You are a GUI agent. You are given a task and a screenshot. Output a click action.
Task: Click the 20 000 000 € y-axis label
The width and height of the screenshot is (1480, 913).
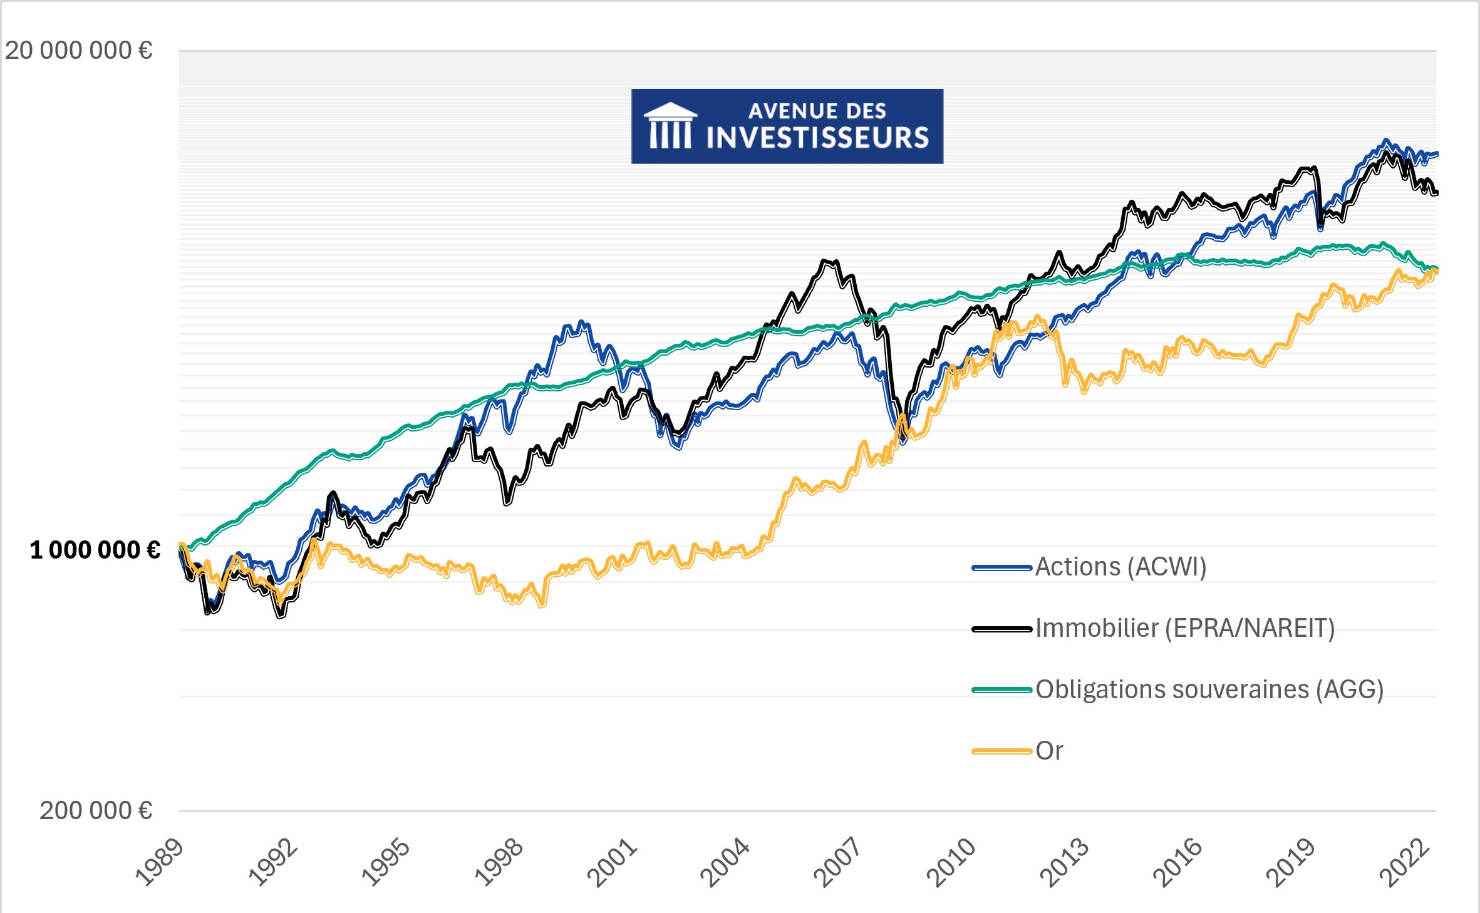tap(79, 51)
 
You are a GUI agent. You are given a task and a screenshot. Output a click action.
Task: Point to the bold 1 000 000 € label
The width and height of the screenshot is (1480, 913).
tap(95, 550)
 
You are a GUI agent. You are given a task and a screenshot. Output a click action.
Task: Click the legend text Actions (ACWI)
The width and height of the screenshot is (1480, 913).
tap(1120, 567)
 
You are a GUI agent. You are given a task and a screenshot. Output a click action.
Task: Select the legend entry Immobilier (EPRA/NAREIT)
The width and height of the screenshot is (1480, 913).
tap(1184, 628)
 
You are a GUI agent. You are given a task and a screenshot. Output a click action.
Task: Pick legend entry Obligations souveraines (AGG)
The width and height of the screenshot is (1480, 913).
tap(1209, 689)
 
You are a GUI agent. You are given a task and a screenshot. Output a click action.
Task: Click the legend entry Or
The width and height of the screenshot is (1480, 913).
tap(1049, 751)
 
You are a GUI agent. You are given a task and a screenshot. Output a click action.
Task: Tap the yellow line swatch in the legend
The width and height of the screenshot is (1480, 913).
tap(1001, 751)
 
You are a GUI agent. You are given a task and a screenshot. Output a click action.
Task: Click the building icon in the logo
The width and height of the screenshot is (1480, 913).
tap(670, 126)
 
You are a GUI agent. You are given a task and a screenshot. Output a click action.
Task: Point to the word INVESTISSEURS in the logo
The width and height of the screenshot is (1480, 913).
tap(817, 138)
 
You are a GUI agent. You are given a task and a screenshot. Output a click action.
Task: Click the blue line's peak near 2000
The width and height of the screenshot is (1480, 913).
tap(582, 322)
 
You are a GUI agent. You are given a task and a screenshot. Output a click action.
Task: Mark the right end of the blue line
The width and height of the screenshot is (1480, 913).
tap(1436, 153)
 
